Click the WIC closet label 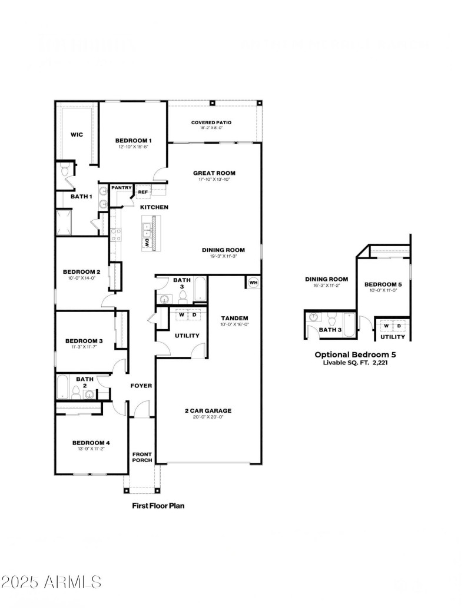pos(77,135)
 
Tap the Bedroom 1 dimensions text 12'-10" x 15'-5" pos(134,147)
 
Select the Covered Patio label pos(211,122)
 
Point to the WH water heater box pos(254,283)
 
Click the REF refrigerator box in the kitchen pos(142,191)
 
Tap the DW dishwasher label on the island pos(147,241)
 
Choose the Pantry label pos(121,187)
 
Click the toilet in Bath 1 pos(65,171)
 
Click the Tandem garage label pos(234,318)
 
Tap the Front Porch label pos(142,457)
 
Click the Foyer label pos(141,386)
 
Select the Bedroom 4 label pos(91,443)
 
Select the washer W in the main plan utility pos(181,314)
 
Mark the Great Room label pos(214,173)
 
